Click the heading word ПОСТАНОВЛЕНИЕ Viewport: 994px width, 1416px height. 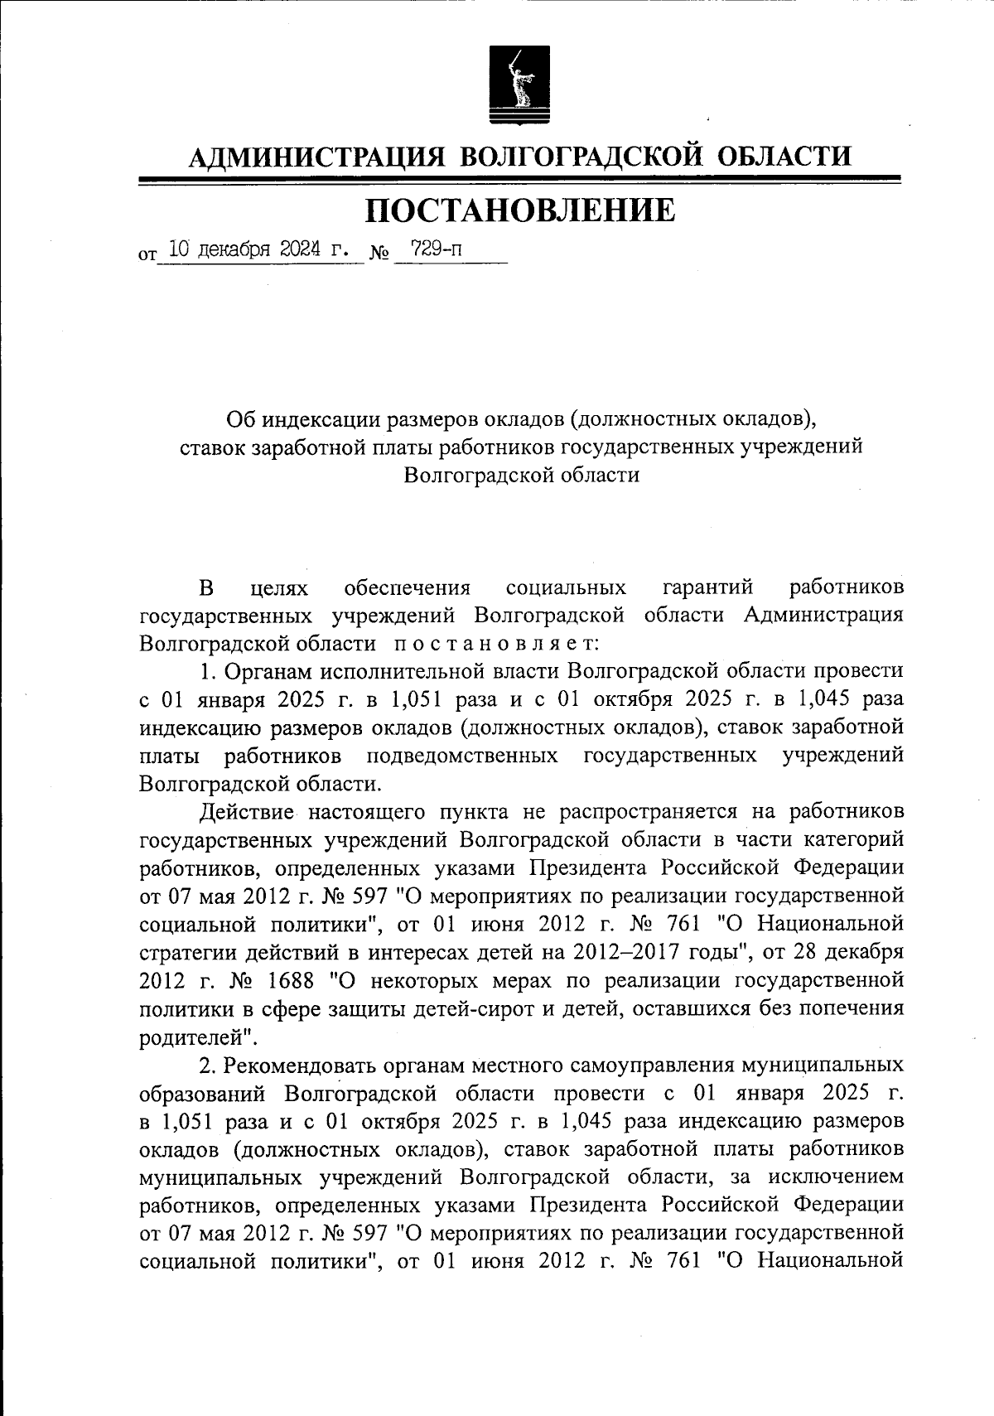coord(521,210)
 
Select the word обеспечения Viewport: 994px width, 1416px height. coord(407,587)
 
